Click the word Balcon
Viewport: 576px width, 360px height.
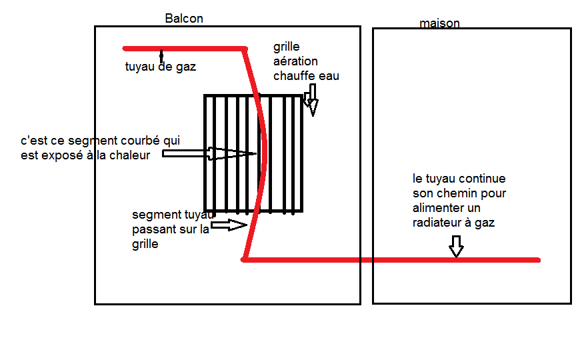[x=184, y=19]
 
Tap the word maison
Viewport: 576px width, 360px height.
[x=439, y=24]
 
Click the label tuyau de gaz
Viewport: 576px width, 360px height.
[x=161, y=67]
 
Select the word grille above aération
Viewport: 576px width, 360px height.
[x=287, y=47]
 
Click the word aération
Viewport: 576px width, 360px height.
[x=295, y=61]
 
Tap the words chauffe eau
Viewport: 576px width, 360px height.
[x=306, y=76]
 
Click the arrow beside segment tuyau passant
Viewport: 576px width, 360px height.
[x=229, y=225]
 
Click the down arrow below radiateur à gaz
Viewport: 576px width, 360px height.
[x=456, y=245]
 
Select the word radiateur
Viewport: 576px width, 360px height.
[x=437, y=223]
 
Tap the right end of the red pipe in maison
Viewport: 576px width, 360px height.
[x=537, y=260]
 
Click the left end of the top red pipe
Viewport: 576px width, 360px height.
[x=125, y=48]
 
